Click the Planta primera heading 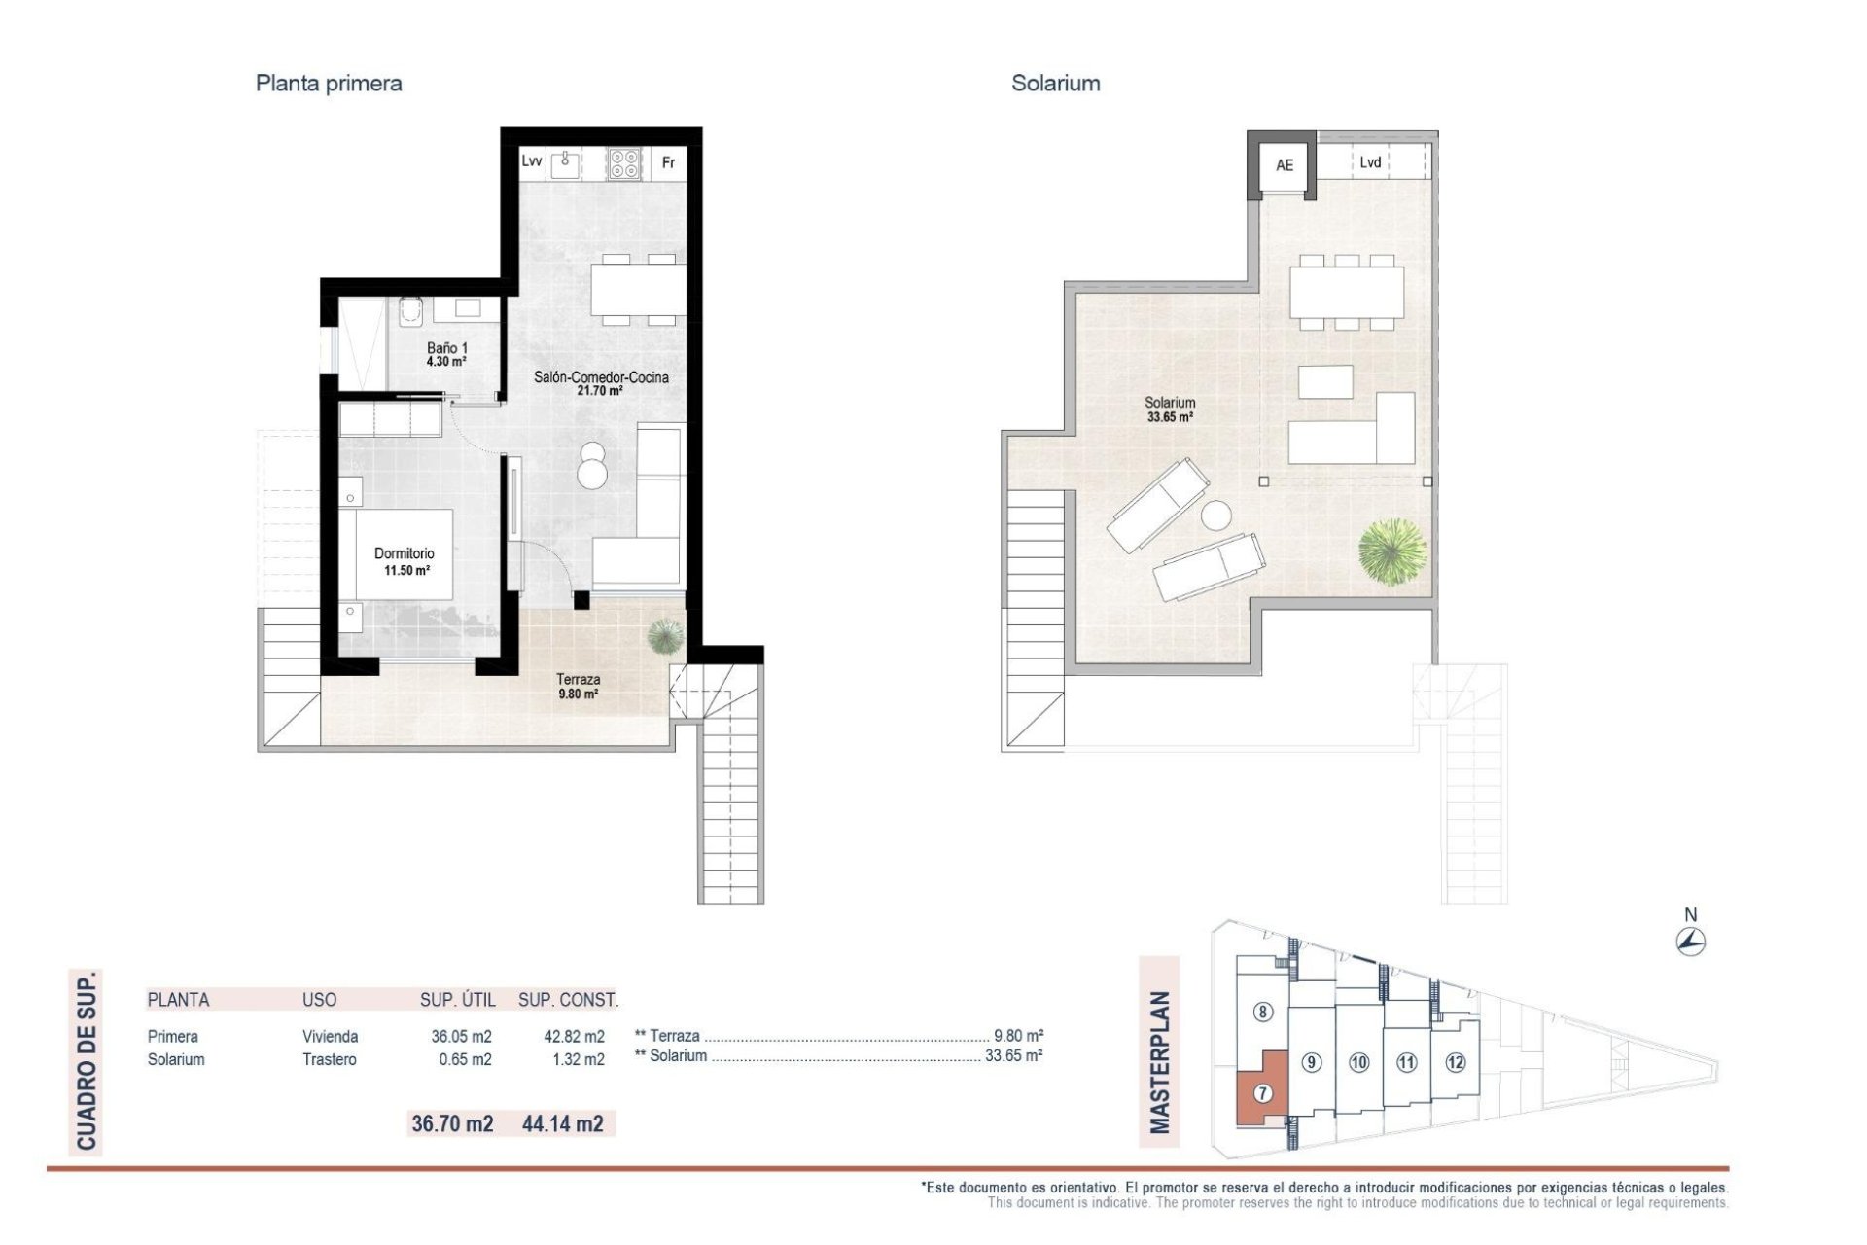tap(328, 84)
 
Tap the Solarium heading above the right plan tap(1055, 84)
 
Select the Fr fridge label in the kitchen tap(668, 162)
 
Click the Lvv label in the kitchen tap(531, 161)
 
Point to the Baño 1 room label tap(446, 354)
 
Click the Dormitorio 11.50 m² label tap(405, 561)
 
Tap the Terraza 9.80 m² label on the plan tap(578, 686)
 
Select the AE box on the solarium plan tap(1284, 165)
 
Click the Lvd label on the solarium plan tap(1369, 162)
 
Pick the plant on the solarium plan tap(1392, 551)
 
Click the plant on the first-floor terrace tap(665, 635)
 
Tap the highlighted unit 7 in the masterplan tap(1262, 1093)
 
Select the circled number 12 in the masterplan tap(1455, 1062)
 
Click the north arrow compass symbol tap(1691, 941)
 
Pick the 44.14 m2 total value tap(562, 1123)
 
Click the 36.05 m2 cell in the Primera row tap(461, 1037)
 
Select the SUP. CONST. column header tap(568, 1000)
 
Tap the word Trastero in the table tap(329, 1059)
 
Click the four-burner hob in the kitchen tap(624, 163)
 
